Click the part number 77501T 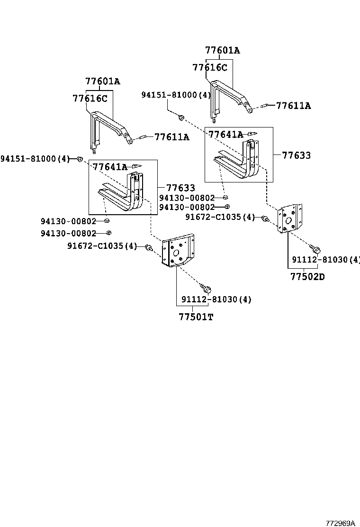click(x=196, y=317)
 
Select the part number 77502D click(x=307, y=277)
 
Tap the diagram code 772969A click(x=340, y=523)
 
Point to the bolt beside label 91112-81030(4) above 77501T click(x=206, y=288)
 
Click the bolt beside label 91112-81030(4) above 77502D click(x=316, y=248)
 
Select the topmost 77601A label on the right click(x=222, y=50)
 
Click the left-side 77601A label click(x=102, y=82)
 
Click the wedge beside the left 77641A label click(x=136, y=166)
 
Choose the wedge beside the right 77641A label click(x=252, y=134)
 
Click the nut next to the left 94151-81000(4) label click(x=80, y=158)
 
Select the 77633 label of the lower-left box click(x=180, y=188)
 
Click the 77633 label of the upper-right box click(x=297, y=155)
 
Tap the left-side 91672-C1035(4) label click(x=102, y=246)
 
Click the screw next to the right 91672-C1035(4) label click(x=265, y=218)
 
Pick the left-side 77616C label click(x=90, y=99)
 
